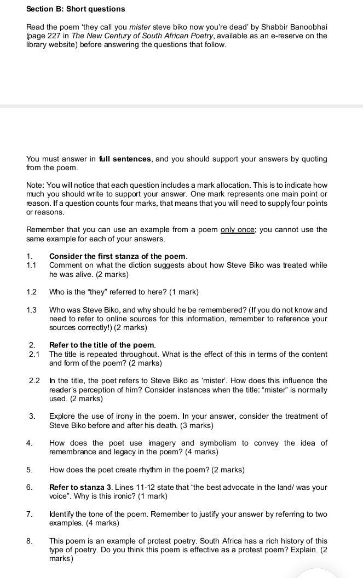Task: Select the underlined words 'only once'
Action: tap(237, 230)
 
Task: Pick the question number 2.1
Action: tap(34, 354)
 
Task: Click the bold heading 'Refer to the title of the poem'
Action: tap(102, 345)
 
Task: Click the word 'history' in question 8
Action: tap(280, 541)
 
